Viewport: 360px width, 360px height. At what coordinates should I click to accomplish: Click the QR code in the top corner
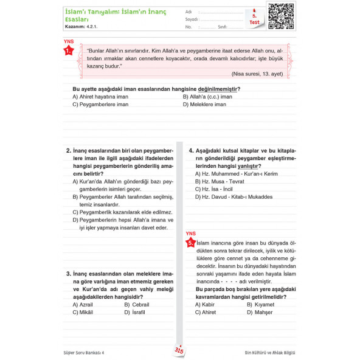(x=281, y=16)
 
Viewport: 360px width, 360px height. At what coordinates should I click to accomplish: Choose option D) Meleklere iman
(x=204, y=104)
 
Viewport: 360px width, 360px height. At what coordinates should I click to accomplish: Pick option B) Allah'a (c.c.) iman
(x=207, y=96)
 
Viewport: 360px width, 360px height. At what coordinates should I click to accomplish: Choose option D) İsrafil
(x=136, y=312)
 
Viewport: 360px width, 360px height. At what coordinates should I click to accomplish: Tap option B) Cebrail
(x=137, y=304)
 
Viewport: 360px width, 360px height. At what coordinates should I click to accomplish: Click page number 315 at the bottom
(x=179, y=350)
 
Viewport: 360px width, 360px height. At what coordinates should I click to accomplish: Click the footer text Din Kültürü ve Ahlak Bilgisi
(x=269, y=351)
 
